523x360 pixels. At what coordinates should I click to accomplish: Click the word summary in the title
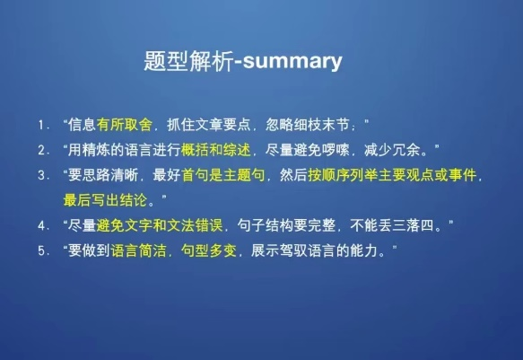292,62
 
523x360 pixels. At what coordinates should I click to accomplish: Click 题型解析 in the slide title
188,61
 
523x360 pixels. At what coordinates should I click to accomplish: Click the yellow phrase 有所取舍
125,125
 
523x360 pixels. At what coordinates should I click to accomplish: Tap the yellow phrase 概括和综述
216,150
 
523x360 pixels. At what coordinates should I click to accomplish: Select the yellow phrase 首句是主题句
223,175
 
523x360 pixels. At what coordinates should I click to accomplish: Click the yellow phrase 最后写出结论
105,200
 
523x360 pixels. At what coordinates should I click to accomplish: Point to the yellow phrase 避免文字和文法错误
160,225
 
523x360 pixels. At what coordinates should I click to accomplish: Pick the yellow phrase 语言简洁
138,250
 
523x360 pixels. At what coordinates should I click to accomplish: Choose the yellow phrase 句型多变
209,250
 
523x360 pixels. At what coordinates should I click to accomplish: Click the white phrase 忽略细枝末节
307,125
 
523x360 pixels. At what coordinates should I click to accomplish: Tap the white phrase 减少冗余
392,150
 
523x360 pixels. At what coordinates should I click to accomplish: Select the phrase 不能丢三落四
392,225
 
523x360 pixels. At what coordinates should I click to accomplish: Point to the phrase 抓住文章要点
208,125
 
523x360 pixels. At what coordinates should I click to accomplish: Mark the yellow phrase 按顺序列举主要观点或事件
392,175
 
